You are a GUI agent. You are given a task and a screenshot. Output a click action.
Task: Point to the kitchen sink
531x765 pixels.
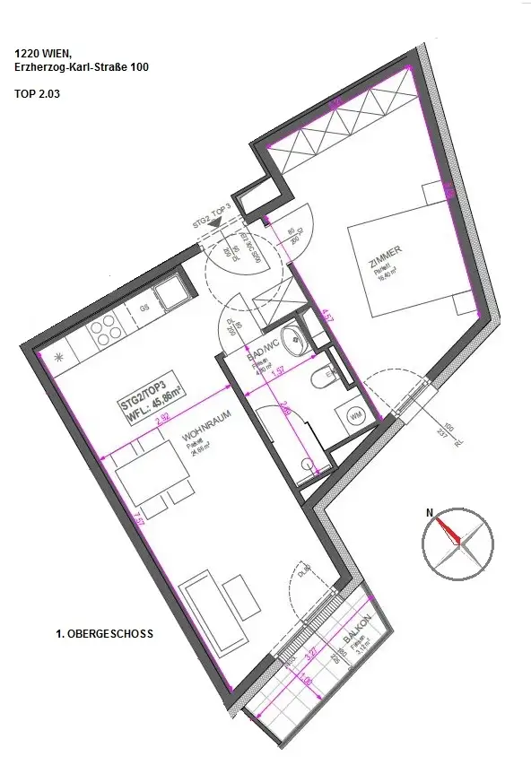(169, 293)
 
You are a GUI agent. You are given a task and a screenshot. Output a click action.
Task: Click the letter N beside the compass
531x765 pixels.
(430, 513)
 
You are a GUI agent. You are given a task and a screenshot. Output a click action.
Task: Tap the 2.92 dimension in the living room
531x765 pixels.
(163, 417)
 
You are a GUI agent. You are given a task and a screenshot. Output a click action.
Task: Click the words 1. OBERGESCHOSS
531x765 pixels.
(104, 634)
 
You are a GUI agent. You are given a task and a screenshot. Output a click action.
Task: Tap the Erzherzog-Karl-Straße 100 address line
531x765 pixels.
(82, 66)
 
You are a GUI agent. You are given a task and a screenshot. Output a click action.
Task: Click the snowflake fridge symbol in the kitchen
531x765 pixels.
(61, 357)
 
